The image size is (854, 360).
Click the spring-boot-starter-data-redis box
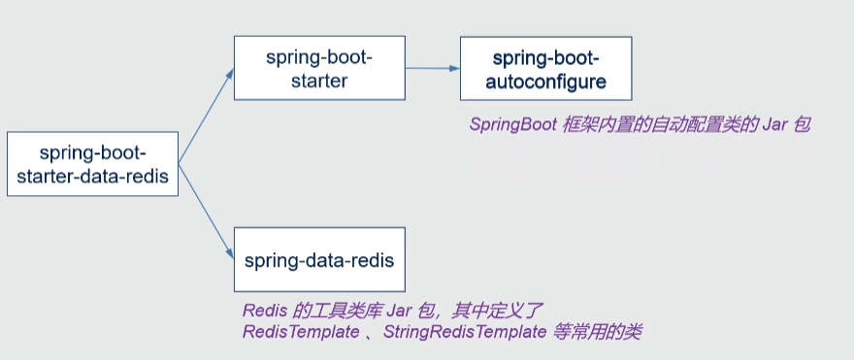pyautogui.click(x=92, y=163)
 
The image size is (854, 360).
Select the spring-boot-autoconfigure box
pyautogui.click(x=545, y=68)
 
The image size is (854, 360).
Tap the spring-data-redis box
pyautogui.click(x=319, y=260)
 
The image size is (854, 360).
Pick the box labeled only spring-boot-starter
pyautogui.click(x=319, y=68)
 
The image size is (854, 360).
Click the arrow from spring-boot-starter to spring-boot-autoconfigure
pyautogui.click(x=433, y=69)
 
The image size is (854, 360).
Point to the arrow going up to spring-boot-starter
pyautogui.click(x=207, y=115)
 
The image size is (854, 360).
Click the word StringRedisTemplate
pyautogui.click(x=465, y=332)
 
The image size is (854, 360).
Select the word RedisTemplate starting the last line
pyautogui.click(x=301, y=332)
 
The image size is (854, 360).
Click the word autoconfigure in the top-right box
pyautogui.click(x=545, y=82)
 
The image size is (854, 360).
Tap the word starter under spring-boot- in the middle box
pyautogui.click(x=319, y=82)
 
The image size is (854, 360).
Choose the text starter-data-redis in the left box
pyautogui.click(x=92, y=177)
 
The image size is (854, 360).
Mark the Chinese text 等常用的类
pyautogui.click(x=598, y=332)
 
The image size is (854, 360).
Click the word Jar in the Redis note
pyautogui.click(x=399, y=311)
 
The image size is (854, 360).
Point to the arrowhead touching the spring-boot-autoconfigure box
pyautogui.click(x=455, y=69)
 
